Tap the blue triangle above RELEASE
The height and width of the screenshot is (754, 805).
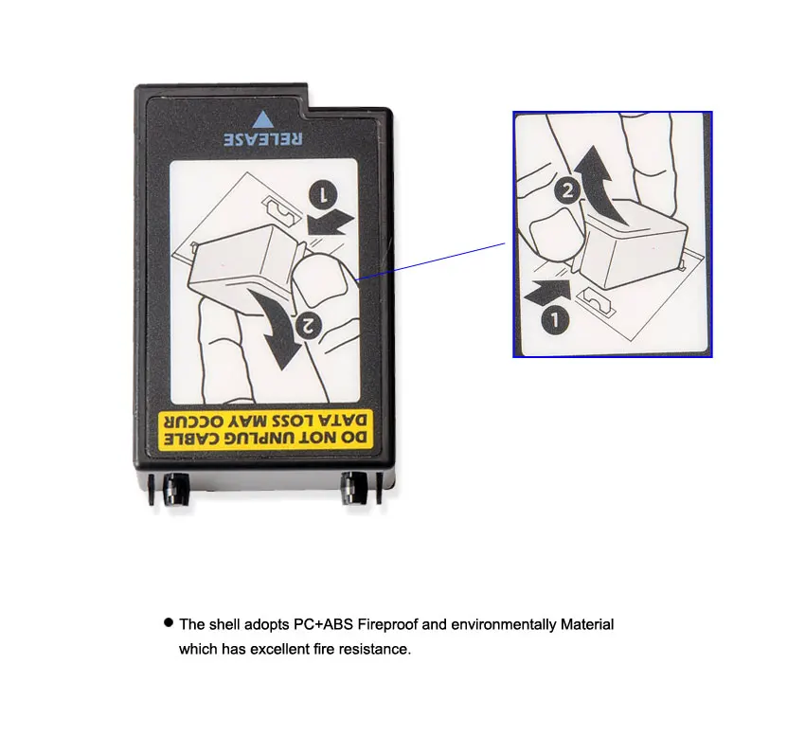(263, 119)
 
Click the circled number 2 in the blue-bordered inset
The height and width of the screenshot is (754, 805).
(566, 190)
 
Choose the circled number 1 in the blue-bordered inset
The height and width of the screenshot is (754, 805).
(557, 320)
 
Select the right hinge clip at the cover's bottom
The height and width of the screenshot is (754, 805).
(353, 489)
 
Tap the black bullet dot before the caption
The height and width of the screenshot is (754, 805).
(169, 623)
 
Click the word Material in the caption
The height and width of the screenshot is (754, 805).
(587, 624)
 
